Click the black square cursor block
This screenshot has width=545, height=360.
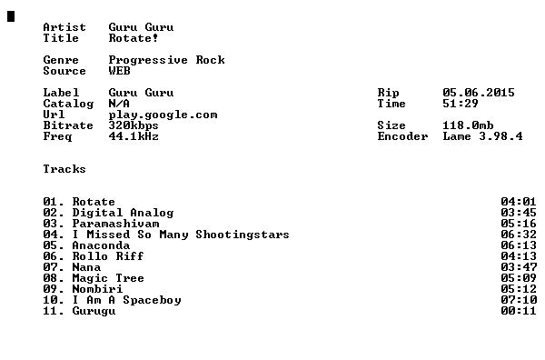(x=11, y=16)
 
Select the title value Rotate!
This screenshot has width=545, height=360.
(x=134, y=38)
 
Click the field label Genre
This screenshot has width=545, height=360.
(x=61, y=60)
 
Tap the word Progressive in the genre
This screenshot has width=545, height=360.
(x=148, y=60)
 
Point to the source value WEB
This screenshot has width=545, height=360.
(x=120, y=71)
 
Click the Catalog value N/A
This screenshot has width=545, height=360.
(x=119, y=104)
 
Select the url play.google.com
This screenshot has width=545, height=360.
(x=163, y=115)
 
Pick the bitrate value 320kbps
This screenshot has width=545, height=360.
(x=134, y=125)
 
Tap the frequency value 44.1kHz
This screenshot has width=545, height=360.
(x=134, y=136)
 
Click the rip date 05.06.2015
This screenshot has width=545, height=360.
(x=479, y=93)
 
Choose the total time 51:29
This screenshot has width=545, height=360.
(x=461, y=104)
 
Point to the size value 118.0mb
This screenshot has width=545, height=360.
(x=468, y=125)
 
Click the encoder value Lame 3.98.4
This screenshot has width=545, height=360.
(x=483, y=136)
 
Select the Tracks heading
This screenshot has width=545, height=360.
(x=64, y=169)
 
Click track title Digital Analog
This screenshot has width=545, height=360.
(x=123, y=213)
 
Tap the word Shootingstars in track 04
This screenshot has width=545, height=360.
(x=243, y=235)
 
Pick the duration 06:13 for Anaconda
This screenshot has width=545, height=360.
(x=519, y=245)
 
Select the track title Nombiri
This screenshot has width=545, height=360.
(x=98, y=289)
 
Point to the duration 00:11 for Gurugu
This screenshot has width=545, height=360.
(x=519, y=311)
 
